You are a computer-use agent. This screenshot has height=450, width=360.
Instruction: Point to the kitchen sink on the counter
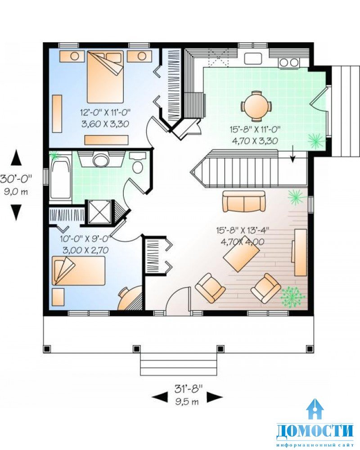pyautogui.click(x=253, y=58)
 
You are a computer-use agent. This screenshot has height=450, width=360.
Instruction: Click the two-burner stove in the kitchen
pyautogui.click(x=289, y=62)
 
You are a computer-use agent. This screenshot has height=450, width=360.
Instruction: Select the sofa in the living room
pyautogui.click(x=244, y=201)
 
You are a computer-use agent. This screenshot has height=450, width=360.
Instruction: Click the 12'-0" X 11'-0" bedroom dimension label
pyautogui.click(x=105, y=112)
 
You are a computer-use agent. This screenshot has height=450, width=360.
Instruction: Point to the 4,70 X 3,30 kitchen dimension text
pyautogui.click(x=255, y=141)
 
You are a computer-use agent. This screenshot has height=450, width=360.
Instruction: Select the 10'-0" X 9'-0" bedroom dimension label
pyautogui.click(x=85, y=239)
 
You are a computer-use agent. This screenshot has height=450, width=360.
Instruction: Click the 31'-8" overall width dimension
pyautogui.click(x=188, y=389)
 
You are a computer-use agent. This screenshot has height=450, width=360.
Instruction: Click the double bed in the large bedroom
pyautogui.click(x=105, y=76)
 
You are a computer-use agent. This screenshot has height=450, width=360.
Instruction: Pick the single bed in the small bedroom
pyautogui.click(x=78, y=270)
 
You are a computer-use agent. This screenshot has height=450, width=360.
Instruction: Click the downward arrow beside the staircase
pyautogui.click(x=292, y=154)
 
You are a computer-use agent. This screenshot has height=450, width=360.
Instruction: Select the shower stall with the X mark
pyautogui.click(x=99, y=212)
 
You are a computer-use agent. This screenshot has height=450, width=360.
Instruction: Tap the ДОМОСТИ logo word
pyautogui.click(x=315, y=430)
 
